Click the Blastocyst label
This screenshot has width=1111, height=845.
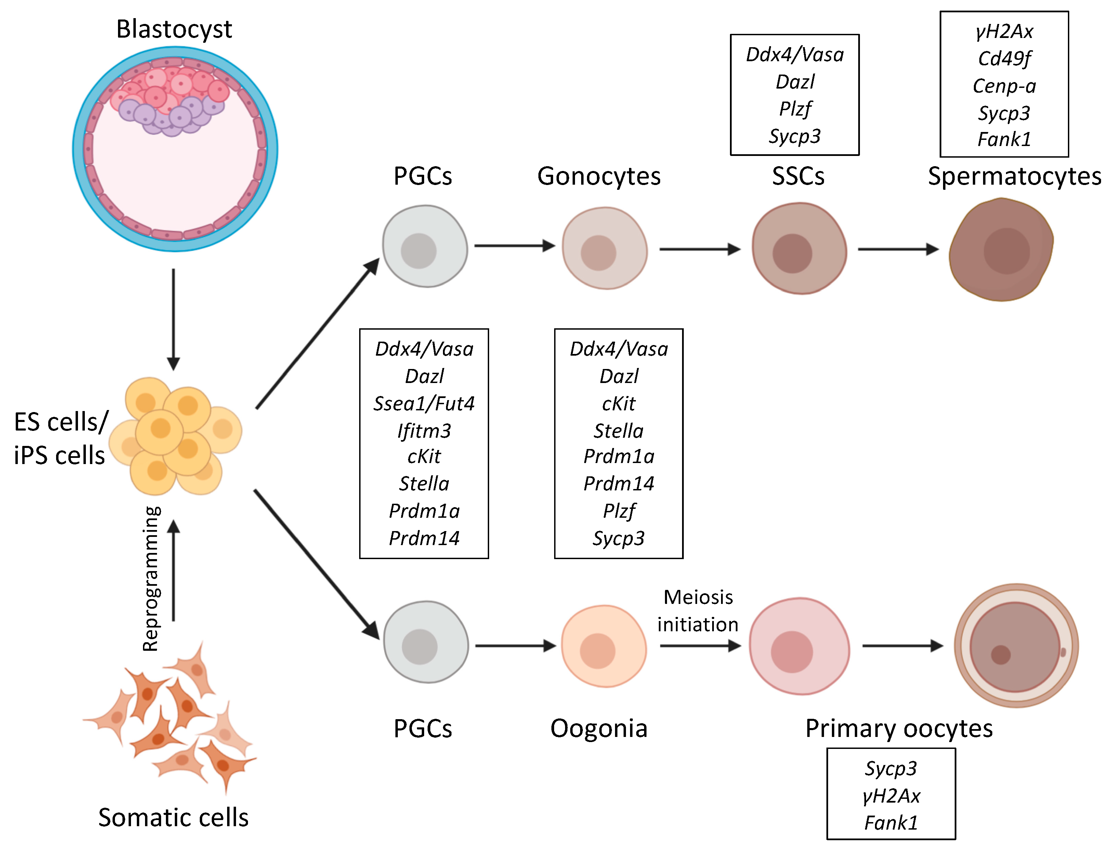pyautogui.click(x=174, y=29)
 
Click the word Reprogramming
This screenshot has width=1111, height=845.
pyautogui.click(x=151, y=578)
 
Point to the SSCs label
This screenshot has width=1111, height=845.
pyautogui.click(x=798, y=176)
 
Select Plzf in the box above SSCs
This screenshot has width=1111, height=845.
pyautogui.click(x=795, y=109)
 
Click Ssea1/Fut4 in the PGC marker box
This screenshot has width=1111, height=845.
pyautogui.click(x=424, y=404)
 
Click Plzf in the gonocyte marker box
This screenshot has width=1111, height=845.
pyautogui.click(x=618, y=511)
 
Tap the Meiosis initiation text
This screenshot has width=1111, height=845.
pyautogui.click(x=698, y=611)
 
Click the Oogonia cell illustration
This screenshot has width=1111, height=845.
pyautogui.click(x=603, y=646)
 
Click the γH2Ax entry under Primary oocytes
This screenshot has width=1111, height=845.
pyautogui.click(x=891, y=796)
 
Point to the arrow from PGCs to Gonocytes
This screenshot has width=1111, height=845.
pyautogui.click(x=514, y=246)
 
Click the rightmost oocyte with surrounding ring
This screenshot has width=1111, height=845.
pyautogui.click(x=1016, y=646)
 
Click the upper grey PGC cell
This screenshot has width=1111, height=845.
pyautogui.click(x=425, y=247)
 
